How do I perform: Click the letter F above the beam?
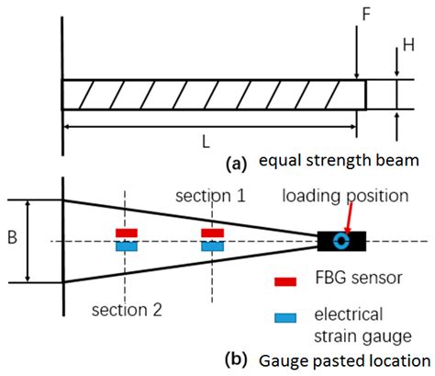coord(367,17)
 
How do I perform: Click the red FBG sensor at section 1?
coord(212,234)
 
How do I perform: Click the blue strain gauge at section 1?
coord(212,246)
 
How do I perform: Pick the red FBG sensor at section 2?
coord(126,234)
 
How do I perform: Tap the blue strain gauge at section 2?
coord(126,246)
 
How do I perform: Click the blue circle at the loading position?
coord(341,242)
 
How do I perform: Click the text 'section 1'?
coord(211,196)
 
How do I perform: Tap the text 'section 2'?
coord(127,309)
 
